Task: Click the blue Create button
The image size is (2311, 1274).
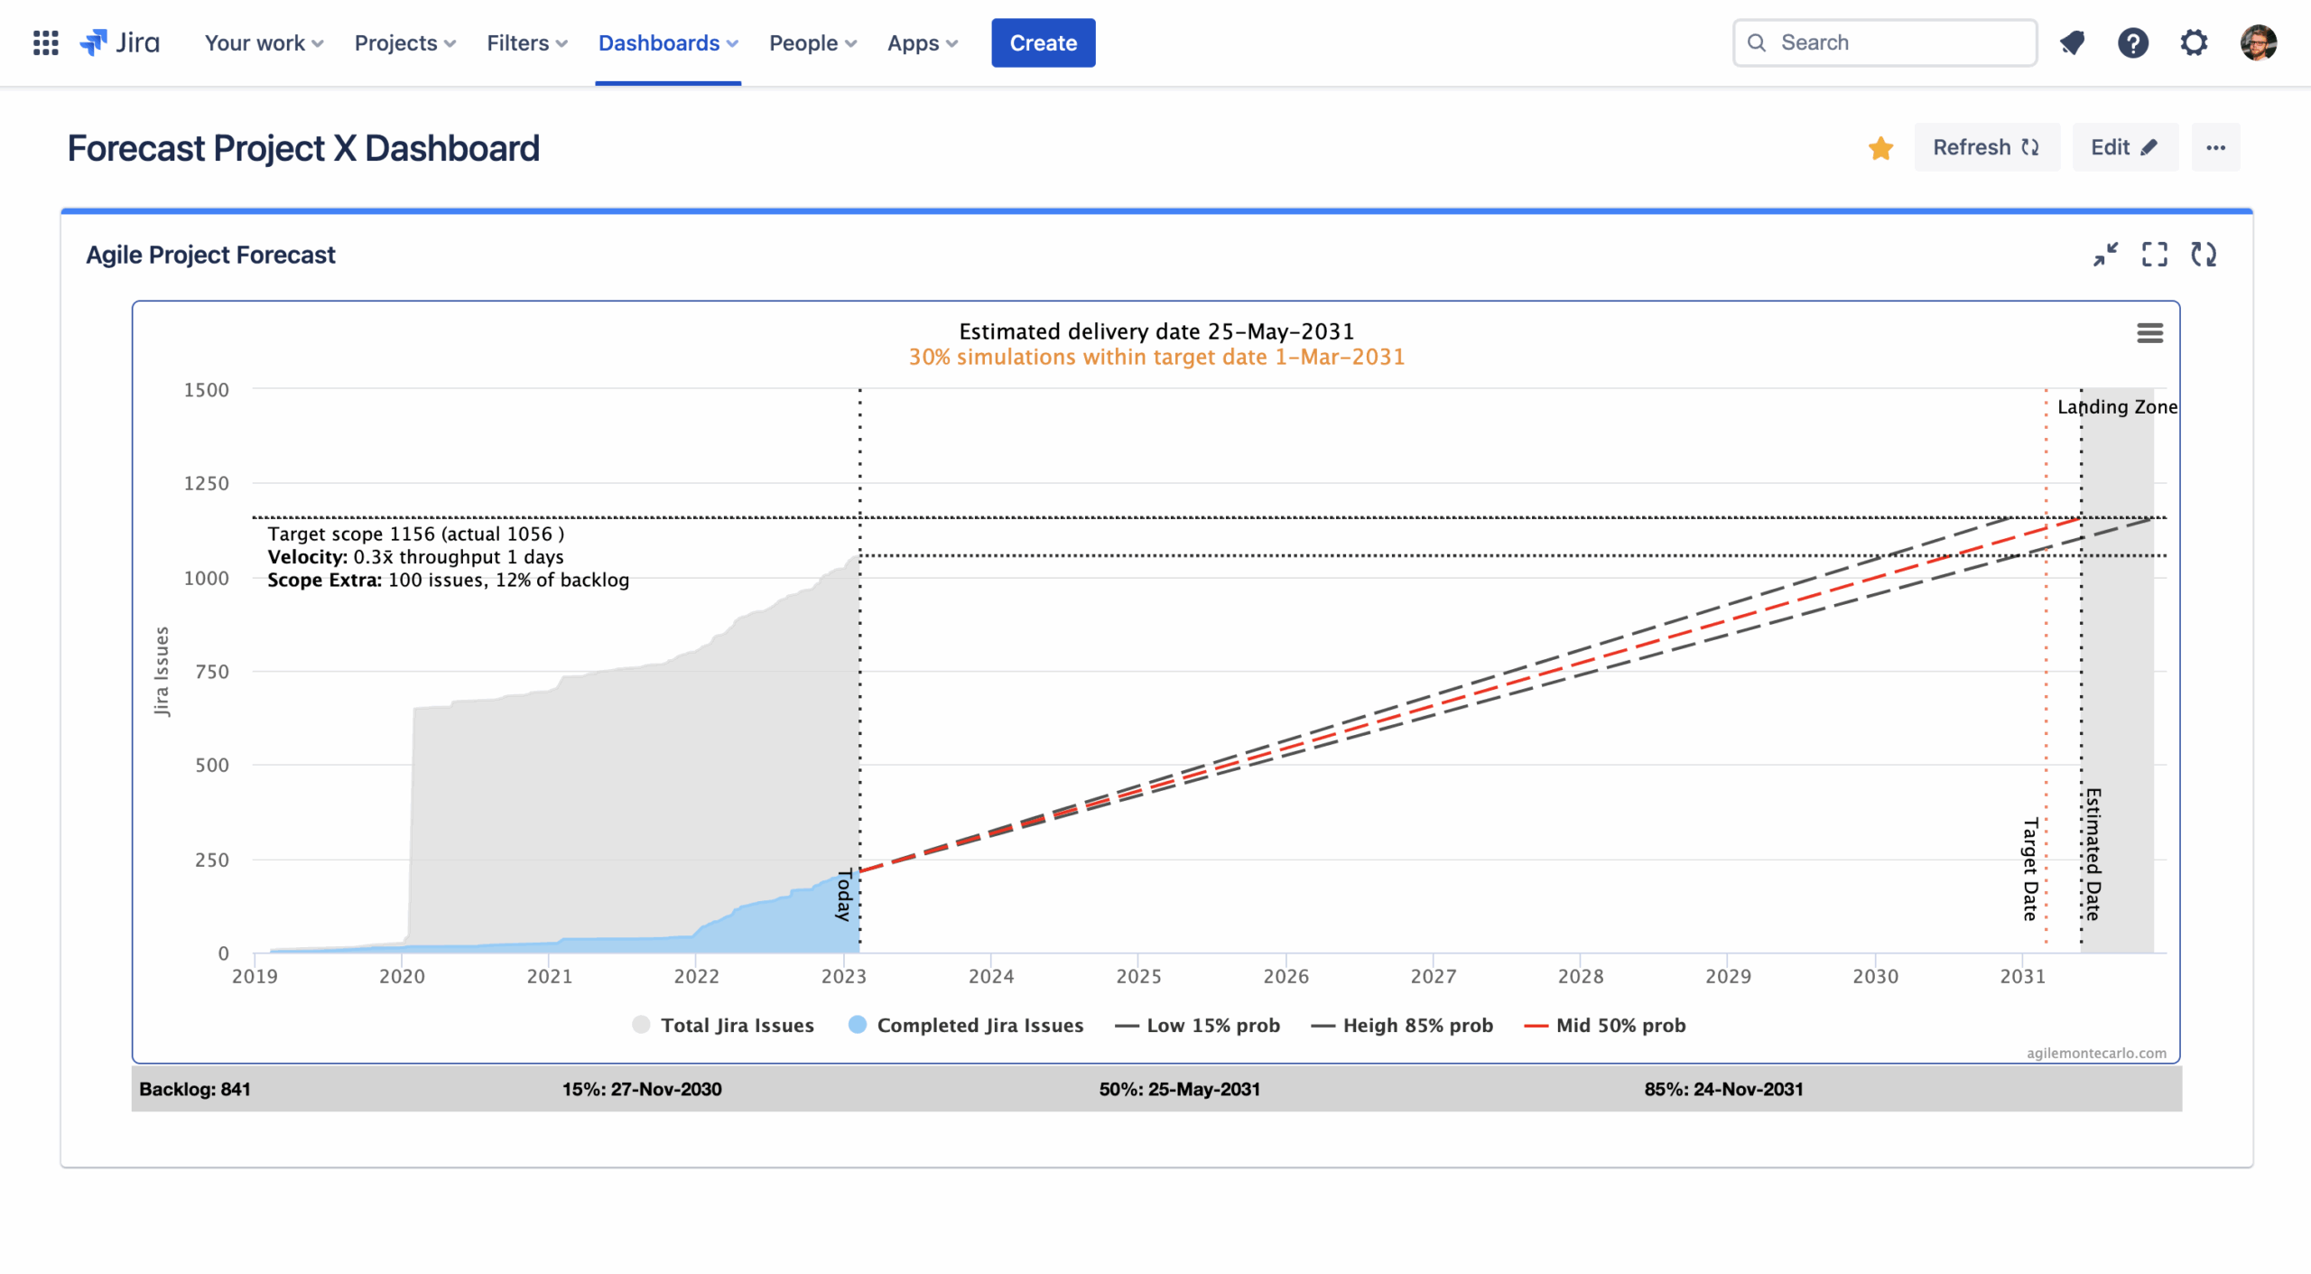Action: pos(1043,42)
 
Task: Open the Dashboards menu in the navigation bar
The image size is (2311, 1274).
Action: pos(667,42)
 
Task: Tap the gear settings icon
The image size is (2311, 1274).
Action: pos(2194,42)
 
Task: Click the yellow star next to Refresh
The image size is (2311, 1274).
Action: pos(1880,148)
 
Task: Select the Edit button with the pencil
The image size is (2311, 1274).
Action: pos(2124,147)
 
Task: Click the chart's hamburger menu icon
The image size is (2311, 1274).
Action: pos(2149,333)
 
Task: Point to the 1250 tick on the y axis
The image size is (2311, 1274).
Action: pos(207,483)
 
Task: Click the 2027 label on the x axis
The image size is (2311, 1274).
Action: pos(1433,976)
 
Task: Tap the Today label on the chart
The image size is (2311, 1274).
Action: pos(844,895)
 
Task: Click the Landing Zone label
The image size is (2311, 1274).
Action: pos(2117,407)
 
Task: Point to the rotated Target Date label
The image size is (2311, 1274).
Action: pos(2030,869)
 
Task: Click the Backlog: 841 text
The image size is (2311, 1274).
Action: pos(195,1089)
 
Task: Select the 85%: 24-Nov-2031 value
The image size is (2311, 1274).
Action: pos(1723,1089)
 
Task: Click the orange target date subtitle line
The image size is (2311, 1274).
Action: pos(1156,358)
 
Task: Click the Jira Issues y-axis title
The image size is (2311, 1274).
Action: pos(162,671)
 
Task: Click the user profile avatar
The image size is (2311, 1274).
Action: pos(2259,42)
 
